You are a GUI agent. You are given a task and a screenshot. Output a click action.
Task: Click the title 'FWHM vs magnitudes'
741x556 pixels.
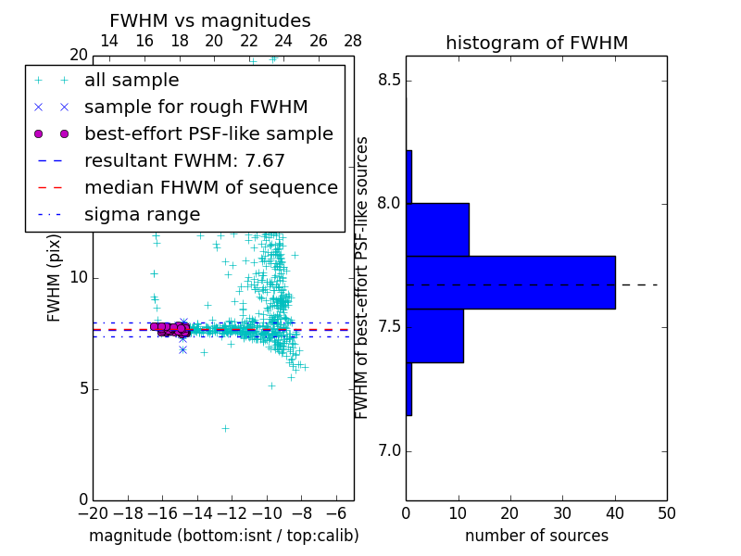click(209, 20)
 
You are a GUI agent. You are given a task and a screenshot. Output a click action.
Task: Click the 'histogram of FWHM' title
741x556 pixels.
click(536, 43)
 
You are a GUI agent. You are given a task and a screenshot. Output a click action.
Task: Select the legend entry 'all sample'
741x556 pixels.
click(132, 81)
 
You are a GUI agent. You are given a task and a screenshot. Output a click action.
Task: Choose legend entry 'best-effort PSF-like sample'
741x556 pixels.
click(208, 133)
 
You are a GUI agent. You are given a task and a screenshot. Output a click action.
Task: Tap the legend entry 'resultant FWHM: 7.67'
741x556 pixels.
click(184, 160)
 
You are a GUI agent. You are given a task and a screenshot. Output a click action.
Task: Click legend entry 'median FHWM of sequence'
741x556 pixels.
click(210, 187)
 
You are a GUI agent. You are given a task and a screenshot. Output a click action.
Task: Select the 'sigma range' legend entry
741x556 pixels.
click(142, 214)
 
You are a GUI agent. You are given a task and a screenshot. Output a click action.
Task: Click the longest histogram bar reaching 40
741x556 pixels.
click(510, 282)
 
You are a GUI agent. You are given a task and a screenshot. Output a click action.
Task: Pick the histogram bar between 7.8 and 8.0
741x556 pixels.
click(437, 229)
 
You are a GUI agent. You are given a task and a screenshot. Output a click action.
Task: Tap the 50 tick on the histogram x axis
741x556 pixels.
click(666, 512)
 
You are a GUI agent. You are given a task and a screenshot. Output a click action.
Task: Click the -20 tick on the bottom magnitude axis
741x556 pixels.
click(93, 512)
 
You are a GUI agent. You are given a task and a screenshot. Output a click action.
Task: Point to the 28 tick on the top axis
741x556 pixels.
click(353, 41)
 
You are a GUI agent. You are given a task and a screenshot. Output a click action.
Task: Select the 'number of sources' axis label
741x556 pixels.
click(536, 536)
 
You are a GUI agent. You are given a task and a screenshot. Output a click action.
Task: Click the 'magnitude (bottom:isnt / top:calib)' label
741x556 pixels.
click(223, 536)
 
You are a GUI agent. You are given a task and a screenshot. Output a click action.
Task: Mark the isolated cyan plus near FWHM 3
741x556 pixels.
click(225, 428)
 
